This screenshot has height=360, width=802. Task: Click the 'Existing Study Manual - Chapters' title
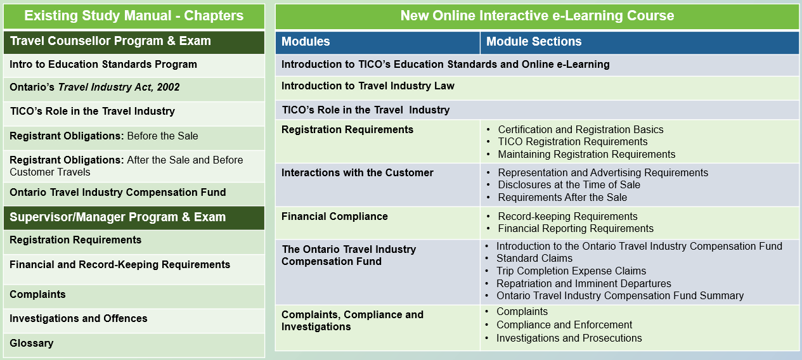tap(134, 16)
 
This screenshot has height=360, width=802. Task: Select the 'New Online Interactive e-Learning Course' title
tap(537, 16)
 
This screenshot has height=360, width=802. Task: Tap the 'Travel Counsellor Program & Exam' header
tap(111, 41)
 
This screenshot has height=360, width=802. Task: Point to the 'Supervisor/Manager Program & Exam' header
tap(118, 217)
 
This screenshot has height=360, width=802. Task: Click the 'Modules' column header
tap(306, 42)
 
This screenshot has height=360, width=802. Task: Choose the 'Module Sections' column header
tap(534, 42)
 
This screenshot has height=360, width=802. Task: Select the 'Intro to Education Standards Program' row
tap(103, 65)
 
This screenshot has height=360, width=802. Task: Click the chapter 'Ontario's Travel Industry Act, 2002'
tap(94, 87)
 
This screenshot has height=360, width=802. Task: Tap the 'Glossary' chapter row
tap(32, 344)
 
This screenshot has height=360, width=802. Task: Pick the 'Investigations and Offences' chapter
tap(79, 319)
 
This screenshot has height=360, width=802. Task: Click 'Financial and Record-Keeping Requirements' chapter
tap(120, 265)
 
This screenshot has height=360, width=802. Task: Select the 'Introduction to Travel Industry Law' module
tap(368, 86)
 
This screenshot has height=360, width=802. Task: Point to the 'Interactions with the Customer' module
tap(358, 173)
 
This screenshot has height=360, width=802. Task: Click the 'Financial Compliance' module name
tap(335, 217)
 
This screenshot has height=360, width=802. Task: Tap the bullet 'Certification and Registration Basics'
tap(581, 129)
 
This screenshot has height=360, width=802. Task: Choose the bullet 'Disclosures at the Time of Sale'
tap(569, 185)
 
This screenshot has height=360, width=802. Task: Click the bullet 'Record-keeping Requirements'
tap(568, 217)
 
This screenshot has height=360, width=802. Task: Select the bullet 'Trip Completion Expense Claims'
tap(571, 271)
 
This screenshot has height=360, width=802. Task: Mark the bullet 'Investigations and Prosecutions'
tap(569, 338)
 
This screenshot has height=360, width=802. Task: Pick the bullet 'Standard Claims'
tap(534, 259)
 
